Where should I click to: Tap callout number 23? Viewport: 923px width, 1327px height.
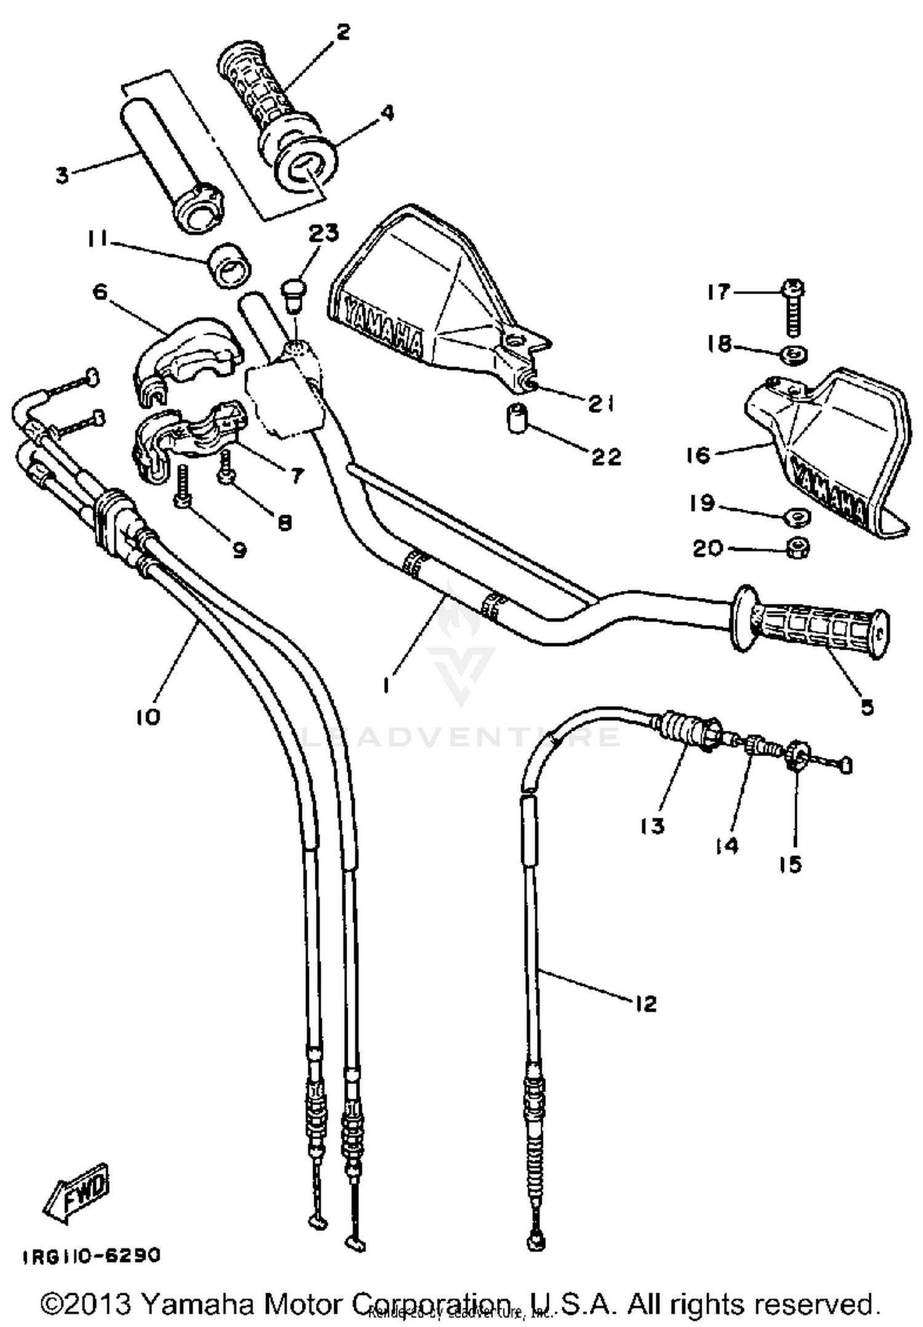click(324, 233)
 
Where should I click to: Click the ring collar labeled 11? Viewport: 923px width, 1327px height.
click(230, 264)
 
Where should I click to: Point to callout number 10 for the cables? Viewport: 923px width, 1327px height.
click(148, 716)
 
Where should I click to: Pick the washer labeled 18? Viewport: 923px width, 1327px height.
click(796, 355)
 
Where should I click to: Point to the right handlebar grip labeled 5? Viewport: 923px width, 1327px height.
click(812, 624)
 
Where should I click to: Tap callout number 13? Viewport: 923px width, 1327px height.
click(652, 826)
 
